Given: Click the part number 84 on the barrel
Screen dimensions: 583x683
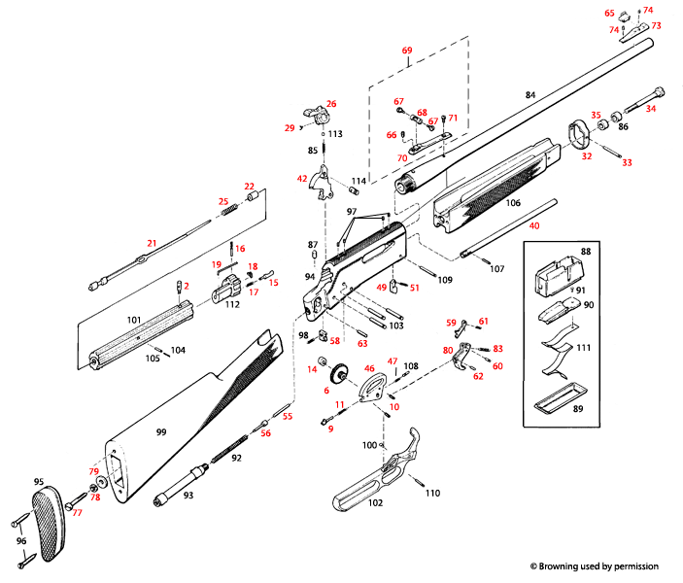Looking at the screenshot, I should (529, 95).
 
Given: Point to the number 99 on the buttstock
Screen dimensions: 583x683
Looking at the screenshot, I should (162, 429).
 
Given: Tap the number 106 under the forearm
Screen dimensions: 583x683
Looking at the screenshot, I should (513, 203).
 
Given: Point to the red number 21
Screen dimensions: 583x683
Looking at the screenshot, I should (151, 242).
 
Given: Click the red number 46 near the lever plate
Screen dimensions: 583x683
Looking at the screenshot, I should (368, 369).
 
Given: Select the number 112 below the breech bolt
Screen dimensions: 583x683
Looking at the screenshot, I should (232, 303).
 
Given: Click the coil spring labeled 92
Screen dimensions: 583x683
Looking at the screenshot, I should (232, 452).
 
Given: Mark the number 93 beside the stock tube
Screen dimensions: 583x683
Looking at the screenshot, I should (188, 497).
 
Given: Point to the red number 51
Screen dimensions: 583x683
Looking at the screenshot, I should (414, 288).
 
